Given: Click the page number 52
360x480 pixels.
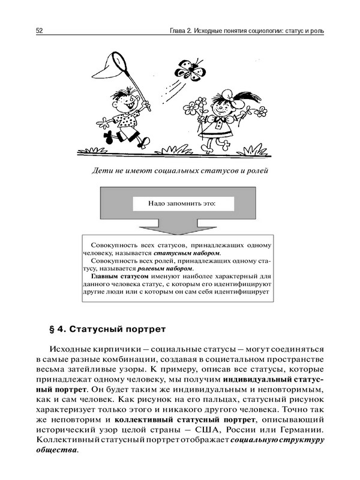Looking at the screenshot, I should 40,30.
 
